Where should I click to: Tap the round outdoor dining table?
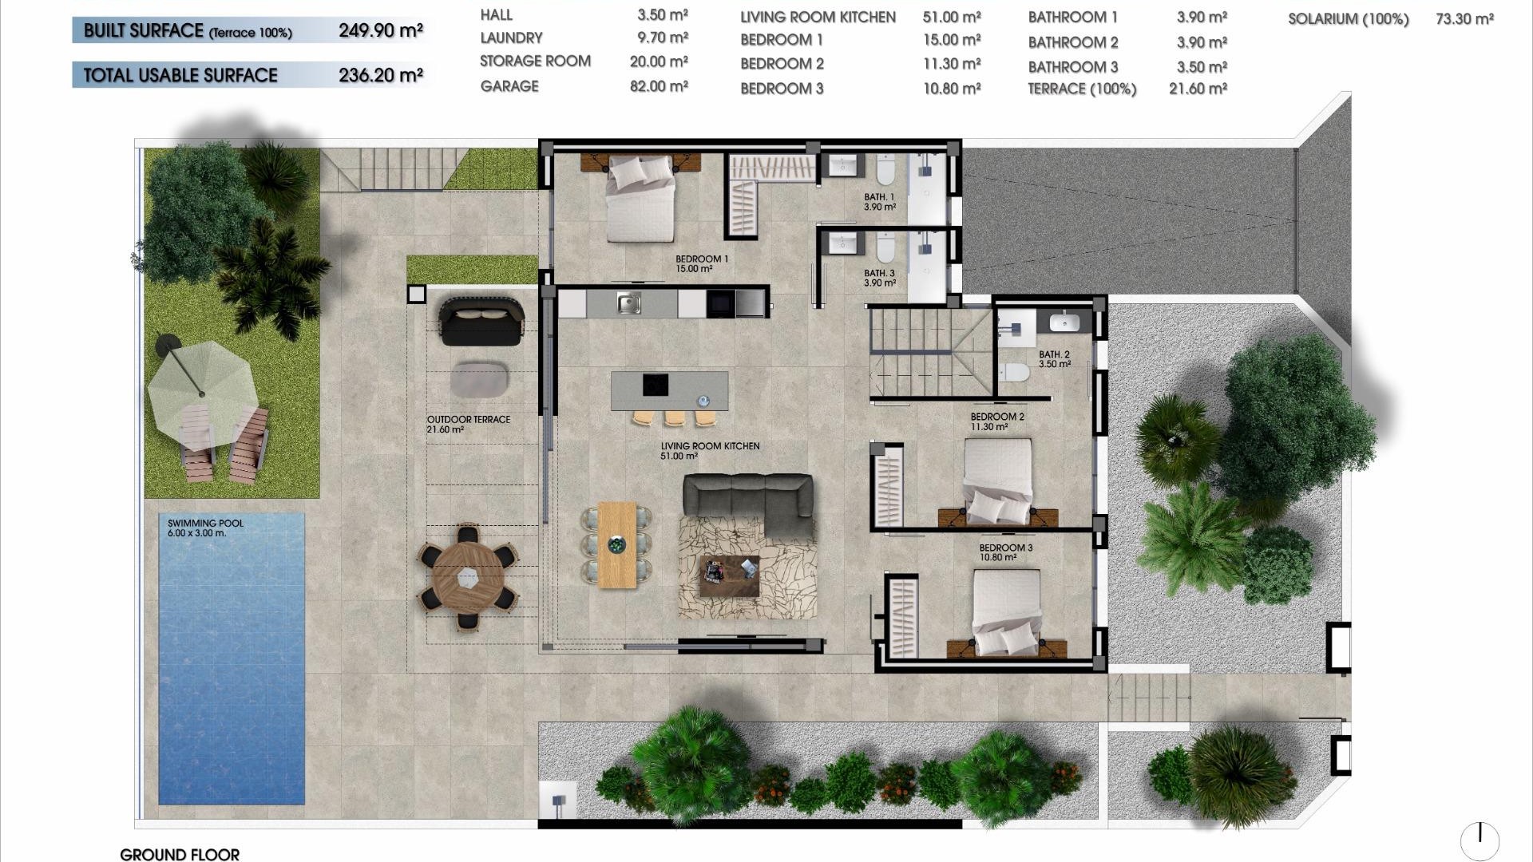point(468,576)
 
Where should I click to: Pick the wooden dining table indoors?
point(616,544)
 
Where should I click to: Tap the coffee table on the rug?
point(729,575)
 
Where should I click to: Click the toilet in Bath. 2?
point(1016,373)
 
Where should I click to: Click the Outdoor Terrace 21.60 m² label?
point(468,424)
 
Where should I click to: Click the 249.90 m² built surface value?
point(380,31)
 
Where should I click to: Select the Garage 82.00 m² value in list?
point(658,86)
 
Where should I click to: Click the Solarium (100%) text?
point(1348,19)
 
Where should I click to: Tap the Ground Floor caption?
point(180,854)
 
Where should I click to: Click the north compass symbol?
point(1480,840)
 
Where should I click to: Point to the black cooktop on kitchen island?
point(656,385)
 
